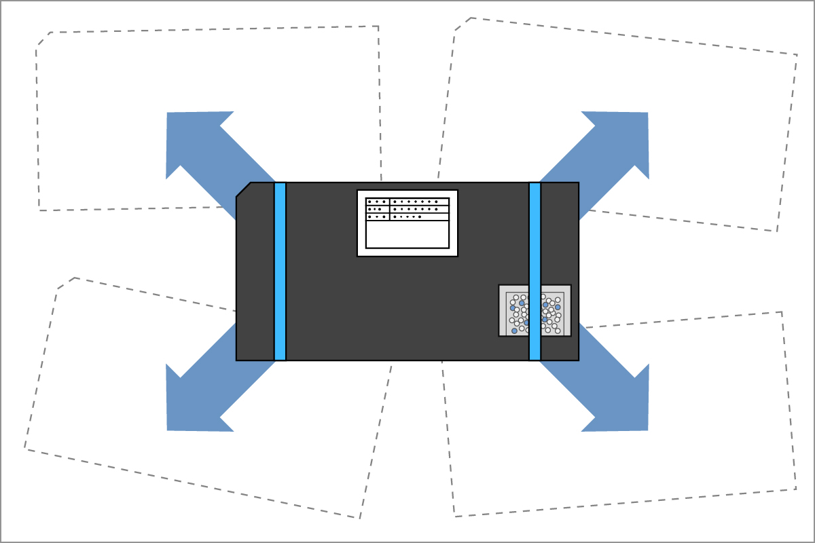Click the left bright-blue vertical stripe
tap(280, 271)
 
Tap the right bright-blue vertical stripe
tap(535, 271)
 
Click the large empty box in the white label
tap(407, 234)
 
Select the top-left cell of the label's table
tap(377, 202)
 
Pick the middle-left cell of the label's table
tap(377, 209)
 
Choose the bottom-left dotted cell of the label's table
tap(377, 217)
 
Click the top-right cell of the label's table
tap(419, 202)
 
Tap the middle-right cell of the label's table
tap(419, 209)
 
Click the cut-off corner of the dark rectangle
tap(243, 189)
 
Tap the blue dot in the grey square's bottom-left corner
tap(514, 331)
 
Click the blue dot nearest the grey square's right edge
tap(558, 307)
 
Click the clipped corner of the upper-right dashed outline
tap(462, 24)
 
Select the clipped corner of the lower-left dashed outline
tap(66, 283)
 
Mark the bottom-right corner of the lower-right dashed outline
tap(795, 489)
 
